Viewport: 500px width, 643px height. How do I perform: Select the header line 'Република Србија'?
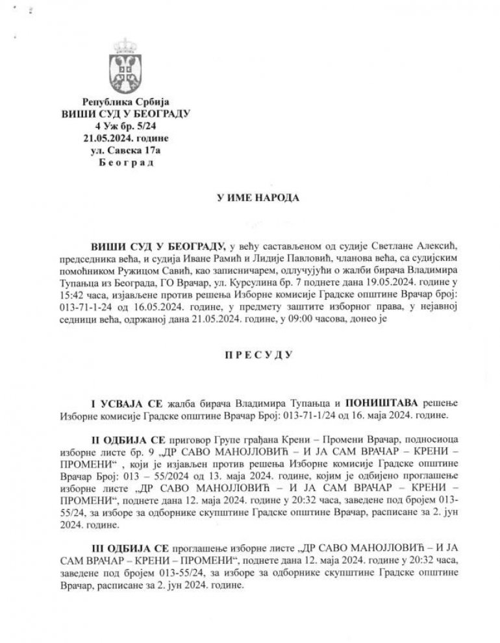pyautogui.click(x=125, y=102)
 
